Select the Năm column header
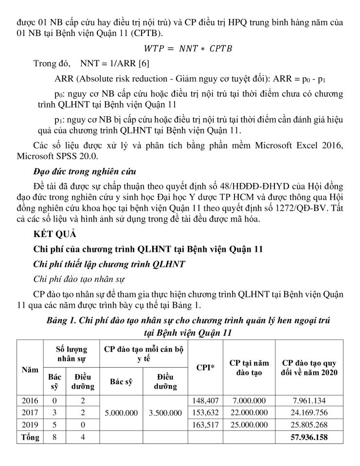[x=30, y=370]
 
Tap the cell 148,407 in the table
[x=205, y=401]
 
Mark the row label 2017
[x=30, y=413]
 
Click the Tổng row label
[x=30, y=438]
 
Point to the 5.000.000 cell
[x=122, y=413]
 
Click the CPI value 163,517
[x=205, y=425]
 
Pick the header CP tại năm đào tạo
[x=249, y=368]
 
